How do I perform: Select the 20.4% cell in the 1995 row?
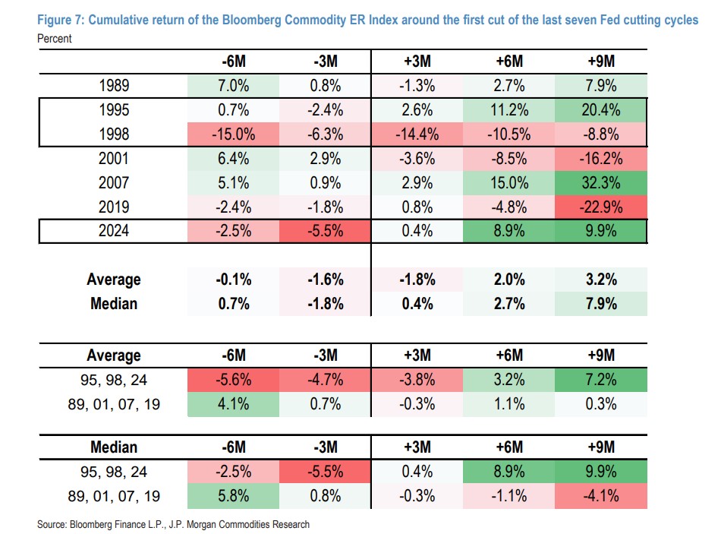point(600,110)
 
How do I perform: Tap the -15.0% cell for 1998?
point(233,135)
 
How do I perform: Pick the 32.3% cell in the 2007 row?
point(600,183)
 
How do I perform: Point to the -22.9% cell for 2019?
point(600,207)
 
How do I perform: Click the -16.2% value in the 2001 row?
point(600,160)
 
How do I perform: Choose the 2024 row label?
point(114,231)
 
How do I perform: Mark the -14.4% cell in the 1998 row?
point(417,135)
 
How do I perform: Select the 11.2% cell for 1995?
point(508,110)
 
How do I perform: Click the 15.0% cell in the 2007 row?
point(508,183)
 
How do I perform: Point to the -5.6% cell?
point(233,379)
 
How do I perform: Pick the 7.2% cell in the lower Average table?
point(600,379)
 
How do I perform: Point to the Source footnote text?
point(173,524)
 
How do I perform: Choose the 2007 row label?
point(114,183)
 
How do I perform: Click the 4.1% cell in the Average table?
point(233,403)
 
